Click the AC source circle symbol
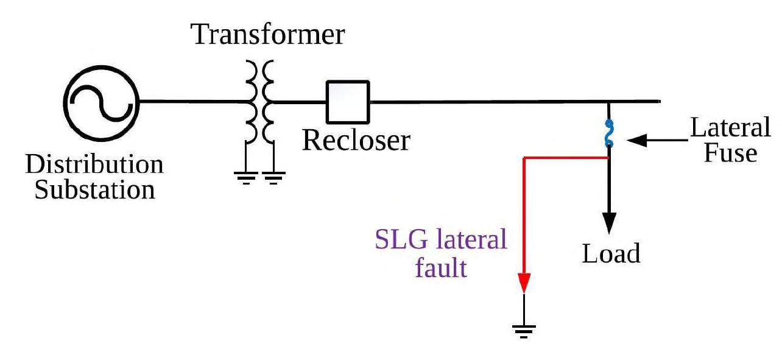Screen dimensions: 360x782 click(x=101, y=102)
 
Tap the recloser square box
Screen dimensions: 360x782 click(x=348, y=102)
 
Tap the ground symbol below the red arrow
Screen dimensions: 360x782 click(x=523, y=330)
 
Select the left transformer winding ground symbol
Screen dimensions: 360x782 click(x=246, y=177)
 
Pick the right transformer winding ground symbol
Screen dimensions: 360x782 click(x=273, y=177)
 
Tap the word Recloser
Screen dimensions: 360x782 click(x=356, y=141)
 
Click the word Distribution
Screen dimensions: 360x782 click(x=94, y=164)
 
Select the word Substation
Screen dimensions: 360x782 click(x=94, y=190)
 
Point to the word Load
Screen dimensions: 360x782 click(x=611, y=253)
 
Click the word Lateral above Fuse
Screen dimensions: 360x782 click(x=730, y=128)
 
